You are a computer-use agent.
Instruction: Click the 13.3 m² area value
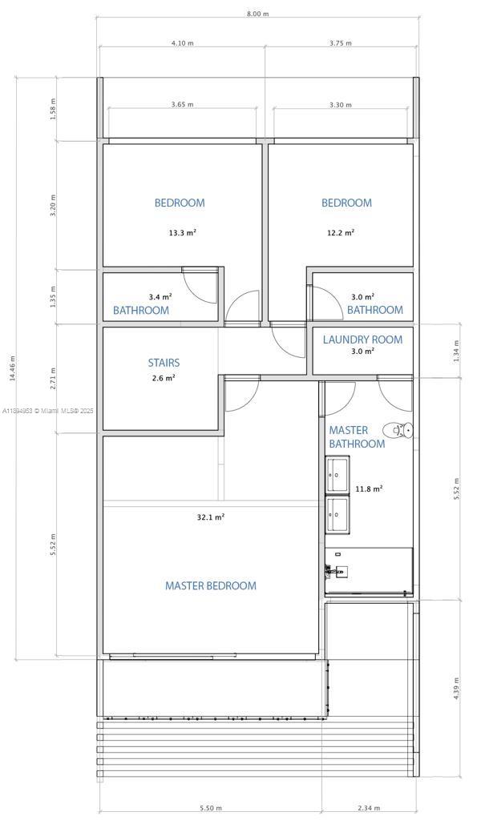click(182, 233)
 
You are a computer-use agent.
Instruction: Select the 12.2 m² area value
click(340, 232)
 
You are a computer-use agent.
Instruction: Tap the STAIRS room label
click(164, 363)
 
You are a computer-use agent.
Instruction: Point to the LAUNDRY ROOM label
click(362, 340)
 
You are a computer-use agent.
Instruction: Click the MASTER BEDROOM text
click(211, 585)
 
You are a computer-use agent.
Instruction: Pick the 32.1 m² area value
click(211, 517)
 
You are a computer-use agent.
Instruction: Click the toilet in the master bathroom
click(398, 430)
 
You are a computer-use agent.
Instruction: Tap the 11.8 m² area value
click(369, 488)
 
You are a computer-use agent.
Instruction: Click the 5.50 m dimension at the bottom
click(211, 808)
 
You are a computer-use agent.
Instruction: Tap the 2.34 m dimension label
click(369, 808)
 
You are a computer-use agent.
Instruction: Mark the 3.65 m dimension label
click(182, 104)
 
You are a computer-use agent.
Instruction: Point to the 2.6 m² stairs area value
click(163, 378)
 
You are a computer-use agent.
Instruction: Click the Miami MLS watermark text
click(48, 411)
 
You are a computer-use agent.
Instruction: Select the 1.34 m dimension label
click(456, 350)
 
